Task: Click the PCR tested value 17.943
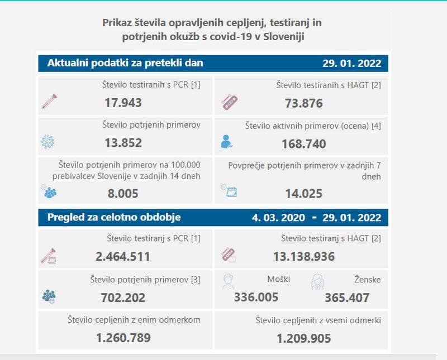click(123, 103)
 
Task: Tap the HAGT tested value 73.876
click(303, 103)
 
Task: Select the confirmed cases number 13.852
click(123, 143)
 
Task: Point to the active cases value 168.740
click(303, 144)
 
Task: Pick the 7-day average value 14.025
click(303, 194)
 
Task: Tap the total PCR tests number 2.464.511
click(123, 257)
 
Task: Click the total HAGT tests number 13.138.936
click(303, 257)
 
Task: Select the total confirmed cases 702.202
click(123, 297)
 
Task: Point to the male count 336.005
click(256, 297)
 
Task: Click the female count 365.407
click(347, 297)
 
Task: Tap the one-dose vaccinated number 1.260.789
click(123, 338)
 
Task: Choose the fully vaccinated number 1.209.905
click(303, 338)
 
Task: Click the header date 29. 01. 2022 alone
click(351, 63)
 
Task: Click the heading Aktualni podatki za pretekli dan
click(125, 63)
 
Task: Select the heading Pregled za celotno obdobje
click(114, 217)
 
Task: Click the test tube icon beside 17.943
click(49, 102)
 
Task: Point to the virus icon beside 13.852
click(48, 142)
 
